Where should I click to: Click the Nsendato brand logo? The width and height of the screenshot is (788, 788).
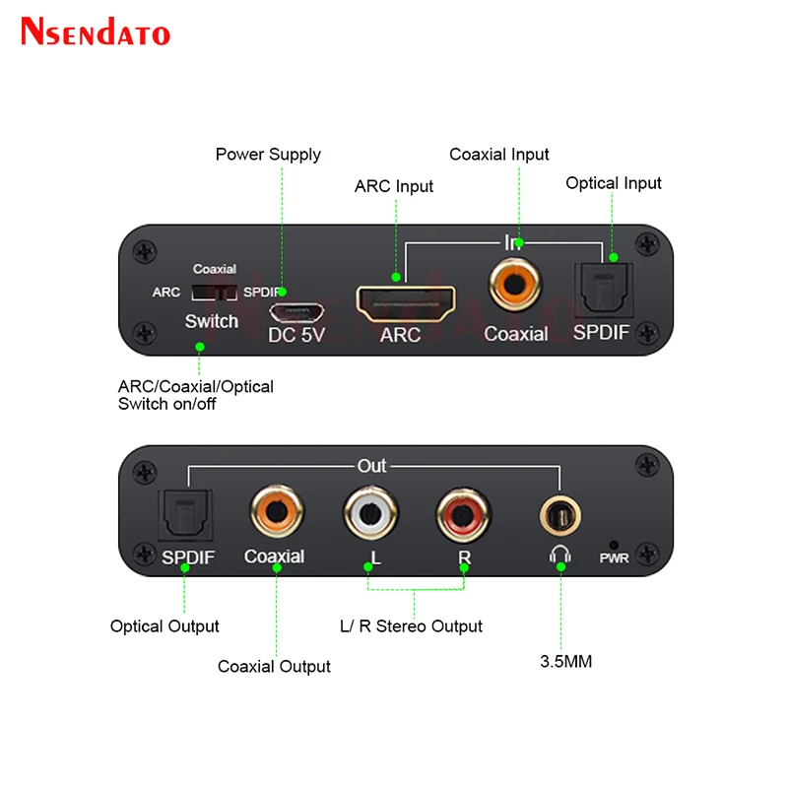coord(96,32)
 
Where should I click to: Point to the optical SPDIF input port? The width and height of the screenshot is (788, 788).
coord(601,289)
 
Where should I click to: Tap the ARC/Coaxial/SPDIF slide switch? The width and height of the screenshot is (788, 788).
coord(215,292)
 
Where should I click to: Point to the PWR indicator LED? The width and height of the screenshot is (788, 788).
coord(614,545)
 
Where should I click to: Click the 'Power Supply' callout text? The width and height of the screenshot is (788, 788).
coord(268,155)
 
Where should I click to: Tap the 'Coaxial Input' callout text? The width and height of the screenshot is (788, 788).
coord(499,155)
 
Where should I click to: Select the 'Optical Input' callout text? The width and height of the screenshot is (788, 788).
coord(614,183)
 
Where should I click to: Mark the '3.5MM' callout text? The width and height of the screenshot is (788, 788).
coord(565,662)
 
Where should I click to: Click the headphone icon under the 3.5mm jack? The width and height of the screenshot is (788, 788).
coord(559,557)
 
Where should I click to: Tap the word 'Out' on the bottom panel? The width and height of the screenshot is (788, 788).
coord(371,465)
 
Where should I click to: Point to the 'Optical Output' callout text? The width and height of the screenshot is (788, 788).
coord(164,626)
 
